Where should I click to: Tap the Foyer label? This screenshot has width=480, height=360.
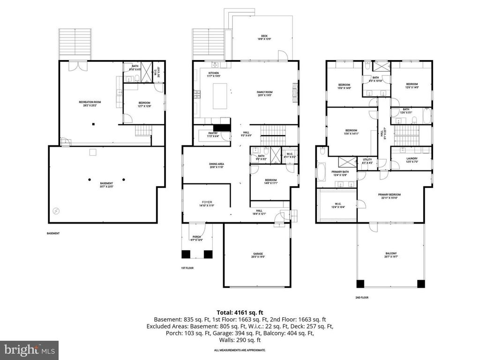(x=207, y=203)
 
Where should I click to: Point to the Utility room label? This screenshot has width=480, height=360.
(x=367, y=161)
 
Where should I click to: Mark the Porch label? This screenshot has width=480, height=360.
(x=196, y=238)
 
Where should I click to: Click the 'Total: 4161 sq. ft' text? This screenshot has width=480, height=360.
(x=240, y=312)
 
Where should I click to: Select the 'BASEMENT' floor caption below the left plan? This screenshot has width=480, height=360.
(x=53, y=233)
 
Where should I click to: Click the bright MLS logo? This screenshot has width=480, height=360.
(x=29, y=349)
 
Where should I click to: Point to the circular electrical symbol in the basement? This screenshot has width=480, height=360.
(x=56, y=211)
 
